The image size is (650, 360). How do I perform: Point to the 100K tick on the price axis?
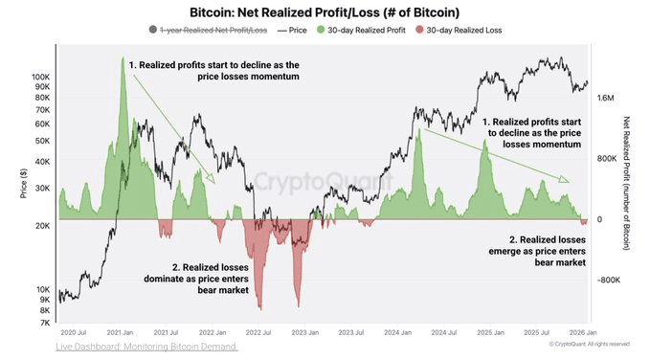(40, 76)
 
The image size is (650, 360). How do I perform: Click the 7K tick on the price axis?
(44, 324)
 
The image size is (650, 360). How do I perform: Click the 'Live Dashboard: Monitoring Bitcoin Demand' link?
(146, 347)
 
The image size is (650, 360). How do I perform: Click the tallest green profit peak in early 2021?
(123, 59)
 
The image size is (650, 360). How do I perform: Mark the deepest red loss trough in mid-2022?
(259, 308)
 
